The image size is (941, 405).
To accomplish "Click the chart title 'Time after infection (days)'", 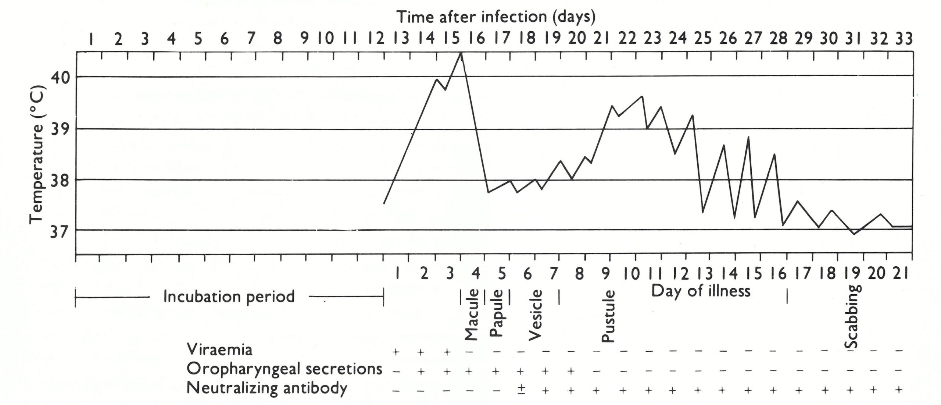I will point(496,17).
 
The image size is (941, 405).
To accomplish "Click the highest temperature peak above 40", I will point(461,53).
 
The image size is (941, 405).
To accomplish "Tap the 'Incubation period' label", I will point(229,296).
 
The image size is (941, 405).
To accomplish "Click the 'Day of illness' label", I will point(701,291).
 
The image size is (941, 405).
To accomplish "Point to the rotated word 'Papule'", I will point(497,313).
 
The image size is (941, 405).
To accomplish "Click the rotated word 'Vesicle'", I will point(535,315).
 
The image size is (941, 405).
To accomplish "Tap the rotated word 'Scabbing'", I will point(851,316).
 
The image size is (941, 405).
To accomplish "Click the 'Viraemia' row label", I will point(219,350).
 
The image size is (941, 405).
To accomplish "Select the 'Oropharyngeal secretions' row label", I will point(285,369).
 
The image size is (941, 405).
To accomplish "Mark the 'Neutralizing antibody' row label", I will point(267,388).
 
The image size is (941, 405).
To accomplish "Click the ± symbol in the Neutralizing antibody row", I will point(521,389).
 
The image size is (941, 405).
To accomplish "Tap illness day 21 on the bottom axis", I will point(898,274).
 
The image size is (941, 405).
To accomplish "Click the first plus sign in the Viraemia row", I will point(396,352).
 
